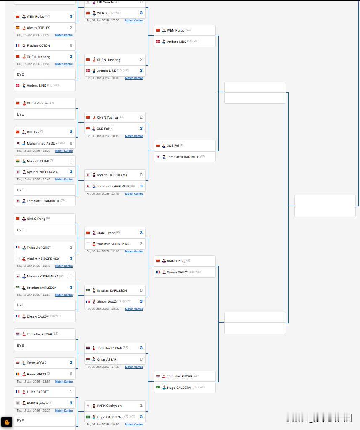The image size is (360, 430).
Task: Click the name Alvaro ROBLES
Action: pyautogui.click(x=38, y=28)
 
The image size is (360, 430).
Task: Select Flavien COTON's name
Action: pyautogui.click(x=38, y=45)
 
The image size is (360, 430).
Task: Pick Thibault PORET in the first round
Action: pyautogui.click(x=39, y=248)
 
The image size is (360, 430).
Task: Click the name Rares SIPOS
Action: pyautogui.click(x=37, y=374)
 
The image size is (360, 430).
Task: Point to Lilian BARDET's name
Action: pyautogui.click(x=38, y=392)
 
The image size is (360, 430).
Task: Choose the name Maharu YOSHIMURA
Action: pyautogui.click(x=42, y=276)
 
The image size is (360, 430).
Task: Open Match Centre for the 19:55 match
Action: pyautogui.click(x=64, y=35)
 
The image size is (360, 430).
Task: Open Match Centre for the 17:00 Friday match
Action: pyautogui.click(x=134, y=21)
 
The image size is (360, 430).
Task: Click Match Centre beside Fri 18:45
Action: pyautogui.click(x=134, y=136)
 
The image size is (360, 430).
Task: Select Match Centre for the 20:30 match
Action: pyautogui.click(x=64, y=411)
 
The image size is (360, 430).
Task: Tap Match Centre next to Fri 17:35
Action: pyautogui.click(x=134, y=367)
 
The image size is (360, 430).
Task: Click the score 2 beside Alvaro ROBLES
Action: pyautogui.click(x=71, y=28)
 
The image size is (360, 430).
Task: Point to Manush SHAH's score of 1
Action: pyautogui.click(x=71, y=161)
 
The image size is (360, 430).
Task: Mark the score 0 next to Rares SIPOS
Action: pyautogui.click(x=71, y=374)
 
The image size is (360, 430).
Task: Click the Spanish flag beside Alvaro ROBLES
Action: pyautogui.click(x=18, y=28)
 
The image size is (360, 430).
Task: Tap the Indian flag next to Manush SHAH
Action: pyautogui.click(x=18, y=161)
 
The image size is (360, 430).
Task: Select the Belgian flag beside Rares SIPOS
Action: pyautogui.click(x=18, y=374)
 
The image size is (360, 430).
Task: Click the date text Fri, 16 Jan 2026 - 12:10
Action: pyautogui.click(x=103, y=251)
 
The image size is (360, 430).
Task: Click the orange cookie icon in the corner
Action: pyautogui.click(x=7, y=422)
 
